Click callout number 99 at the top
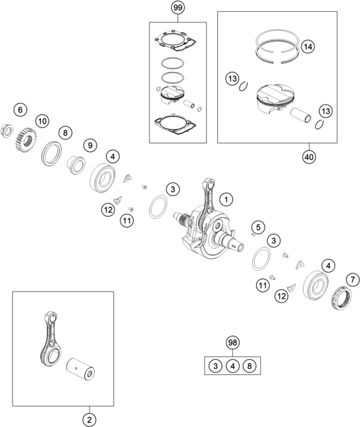tap(178, 8)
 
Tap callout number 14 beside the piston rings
tap(307, 47)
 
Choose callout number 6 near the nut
tap(20, 109)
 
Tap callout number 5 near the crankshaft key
tap(259, 227)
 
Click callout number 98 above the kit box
tap(232, 343)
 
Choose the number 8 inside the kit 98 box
tap(249, 366)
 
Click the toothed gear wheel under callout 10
tap(28, 139)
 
